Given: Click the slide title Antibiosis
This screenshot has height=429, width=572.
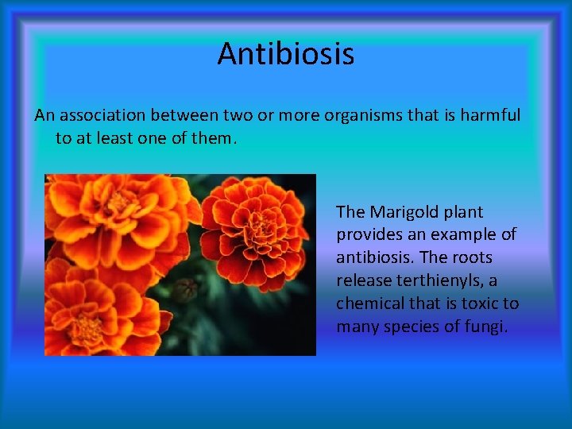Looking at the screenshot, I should [285, 54].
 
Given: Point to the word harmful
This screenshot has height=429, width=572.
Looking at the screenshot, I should [490, 115].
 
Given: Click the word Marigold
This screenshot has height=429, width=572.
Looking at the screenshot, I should [404, 212].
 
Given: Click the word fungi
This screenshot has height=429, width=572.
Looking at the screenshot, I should [484, 327].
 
